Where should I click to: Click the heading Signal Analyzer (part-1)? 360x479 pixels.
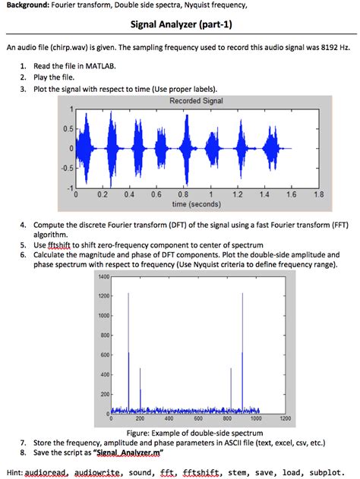click(179, 25)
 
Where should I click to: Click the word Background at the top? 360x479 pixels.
click(29, 6)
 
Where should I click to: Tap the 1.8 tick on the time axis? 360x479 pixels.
click(318, 194)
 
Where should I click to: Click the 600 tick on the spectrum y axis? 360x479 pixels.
click(105, 355)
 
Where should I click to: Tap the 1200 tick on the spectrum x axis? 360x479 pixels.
click(286, 418)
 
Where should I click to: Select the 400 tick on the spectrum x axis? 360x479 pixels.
click(169, 418)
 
